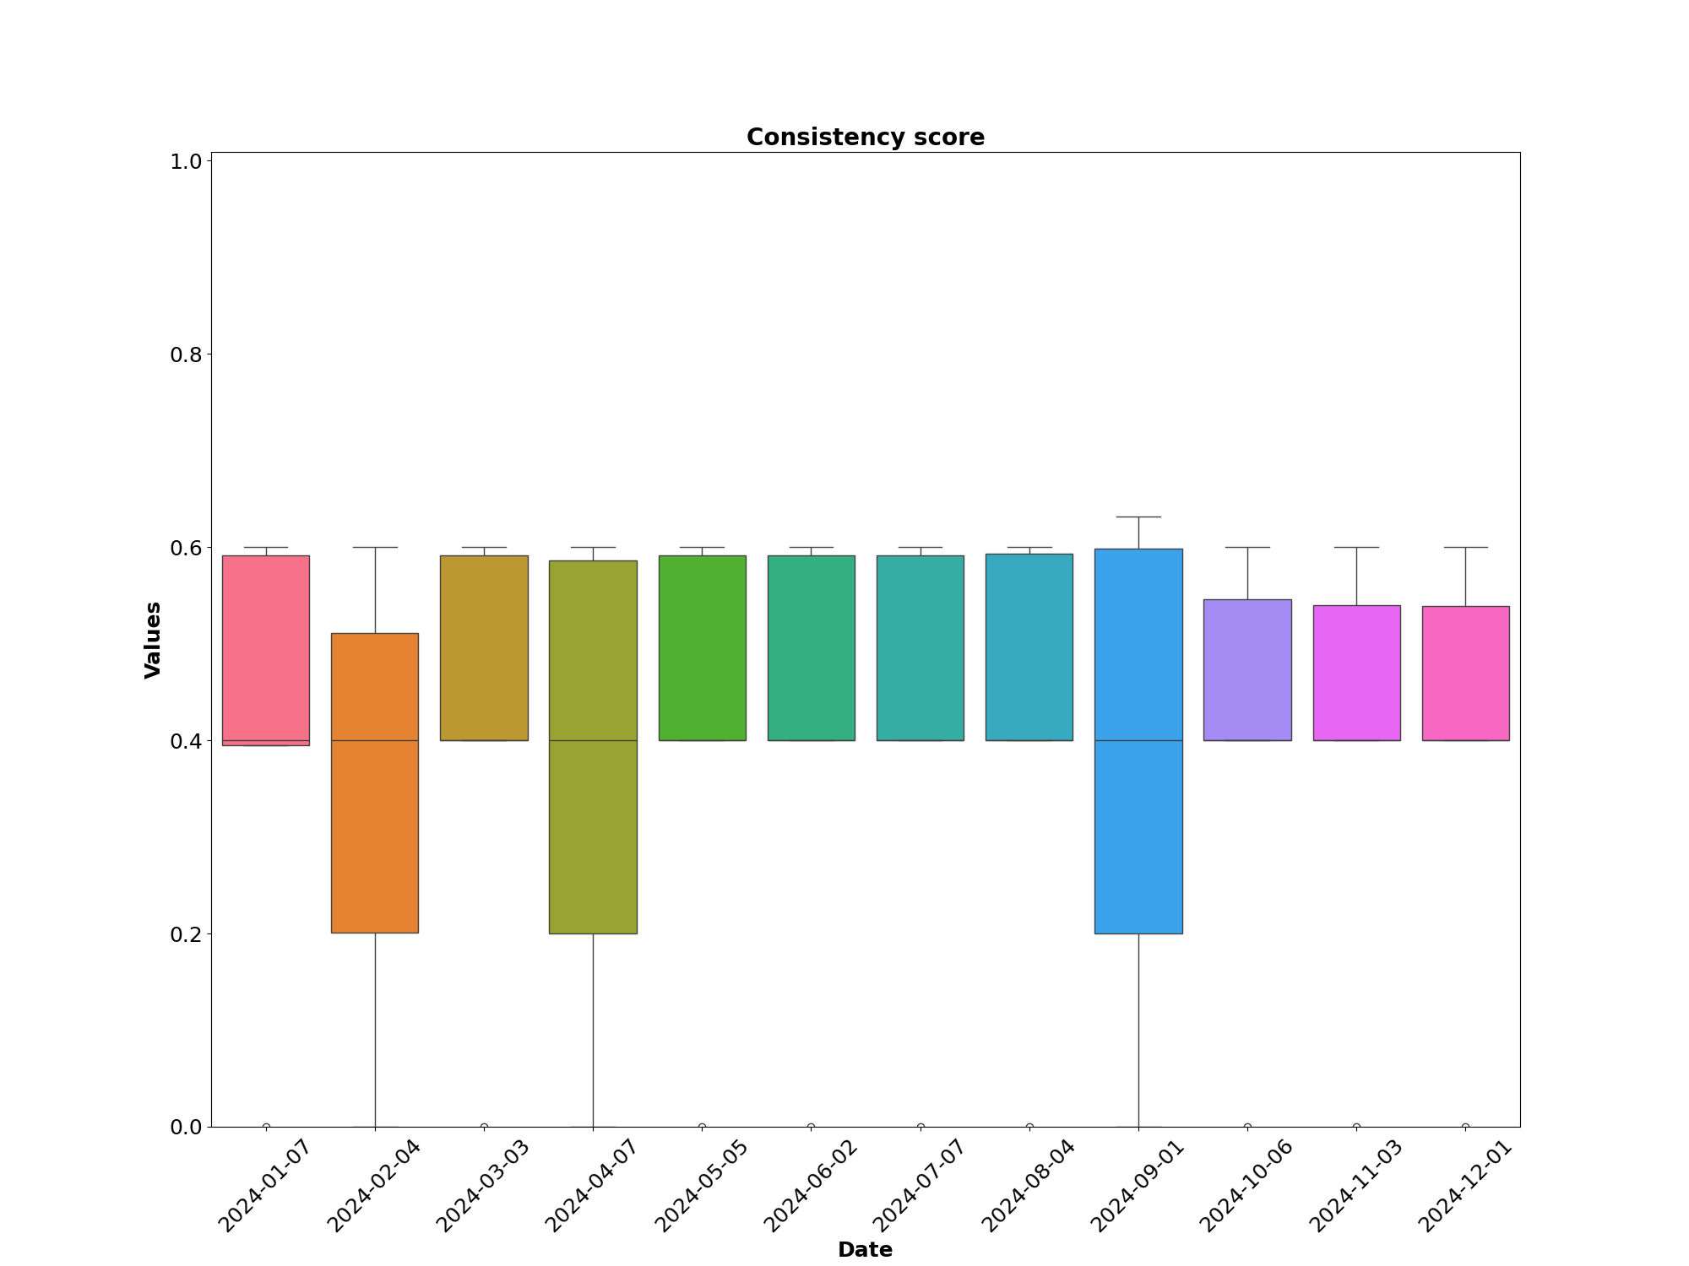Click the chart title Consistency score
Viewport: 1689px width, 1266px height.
pos(865,138)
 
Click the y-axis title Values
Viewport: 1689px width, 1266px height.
pos(153,639)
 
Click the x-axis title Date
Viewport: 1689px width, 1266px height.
pos(865,1250)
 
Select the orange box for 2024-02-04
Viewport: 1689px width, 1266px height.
pos(375,782)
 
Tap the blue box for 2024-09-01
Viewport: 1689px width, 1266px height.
pos(1138,740)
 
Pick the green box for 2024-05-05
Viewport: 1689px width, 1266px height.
pos(702,647)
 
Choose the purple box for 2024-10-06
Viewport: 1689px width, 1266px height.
pos(1247,669)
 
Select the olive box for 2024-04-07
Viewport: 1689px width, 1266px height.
pos(593,746)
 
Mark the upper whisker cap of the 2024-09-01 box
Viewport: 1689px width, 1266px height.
pos(1138,517)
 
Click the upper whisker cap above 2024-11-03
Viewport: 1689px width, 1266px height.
pos(1356,547)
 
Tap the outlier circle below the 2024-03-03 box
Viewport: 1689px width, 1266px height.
pos(484,1127)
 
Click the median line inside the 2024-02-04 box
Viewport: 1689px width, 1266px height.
pos(375,740)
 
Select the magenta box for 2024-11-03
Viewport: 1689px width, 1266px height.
pos(1356,673)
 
